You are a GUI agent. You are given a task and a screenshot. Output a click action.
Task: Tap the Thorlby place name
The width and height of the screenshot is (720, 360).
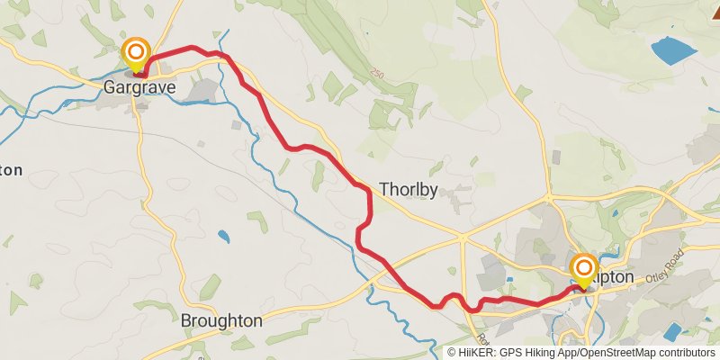[x=409, y=190]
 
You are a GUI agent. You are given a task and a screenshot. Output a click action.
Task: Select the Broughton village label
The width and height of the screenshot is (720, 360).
[x=221, y=320]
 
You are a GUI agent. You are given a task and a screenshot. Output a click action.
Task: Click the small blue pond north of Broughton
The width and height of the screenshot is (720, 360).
[x=223, y=238]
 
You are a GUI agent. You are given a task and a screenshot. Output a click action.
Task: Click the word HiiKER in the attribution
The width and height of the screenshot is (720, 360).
[x=479, y=353]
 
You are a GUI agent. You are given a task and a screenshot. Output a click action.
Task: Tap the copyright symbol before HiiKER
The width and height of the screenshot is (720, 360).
[x=453, y=353]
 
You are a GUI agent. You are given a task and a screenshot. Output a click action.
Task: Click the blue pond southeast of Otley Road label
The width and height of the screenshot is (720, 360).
[x=673, y=332]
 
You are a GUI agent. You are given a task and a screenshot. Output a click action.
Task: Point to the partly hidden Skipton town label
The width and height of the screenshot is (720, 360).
[x=613, y=277]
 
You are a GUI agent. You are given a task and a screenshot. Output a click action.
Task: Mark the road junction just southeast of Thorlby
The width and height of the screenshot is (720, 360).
[x=463, y=238]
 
